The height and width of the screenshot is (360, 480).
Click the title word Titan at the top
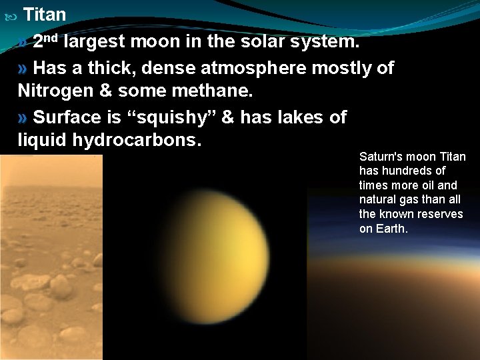click(x=45, y=14)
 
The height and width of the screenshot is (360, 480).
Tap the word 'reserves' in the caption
click(x=440, y=214)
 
